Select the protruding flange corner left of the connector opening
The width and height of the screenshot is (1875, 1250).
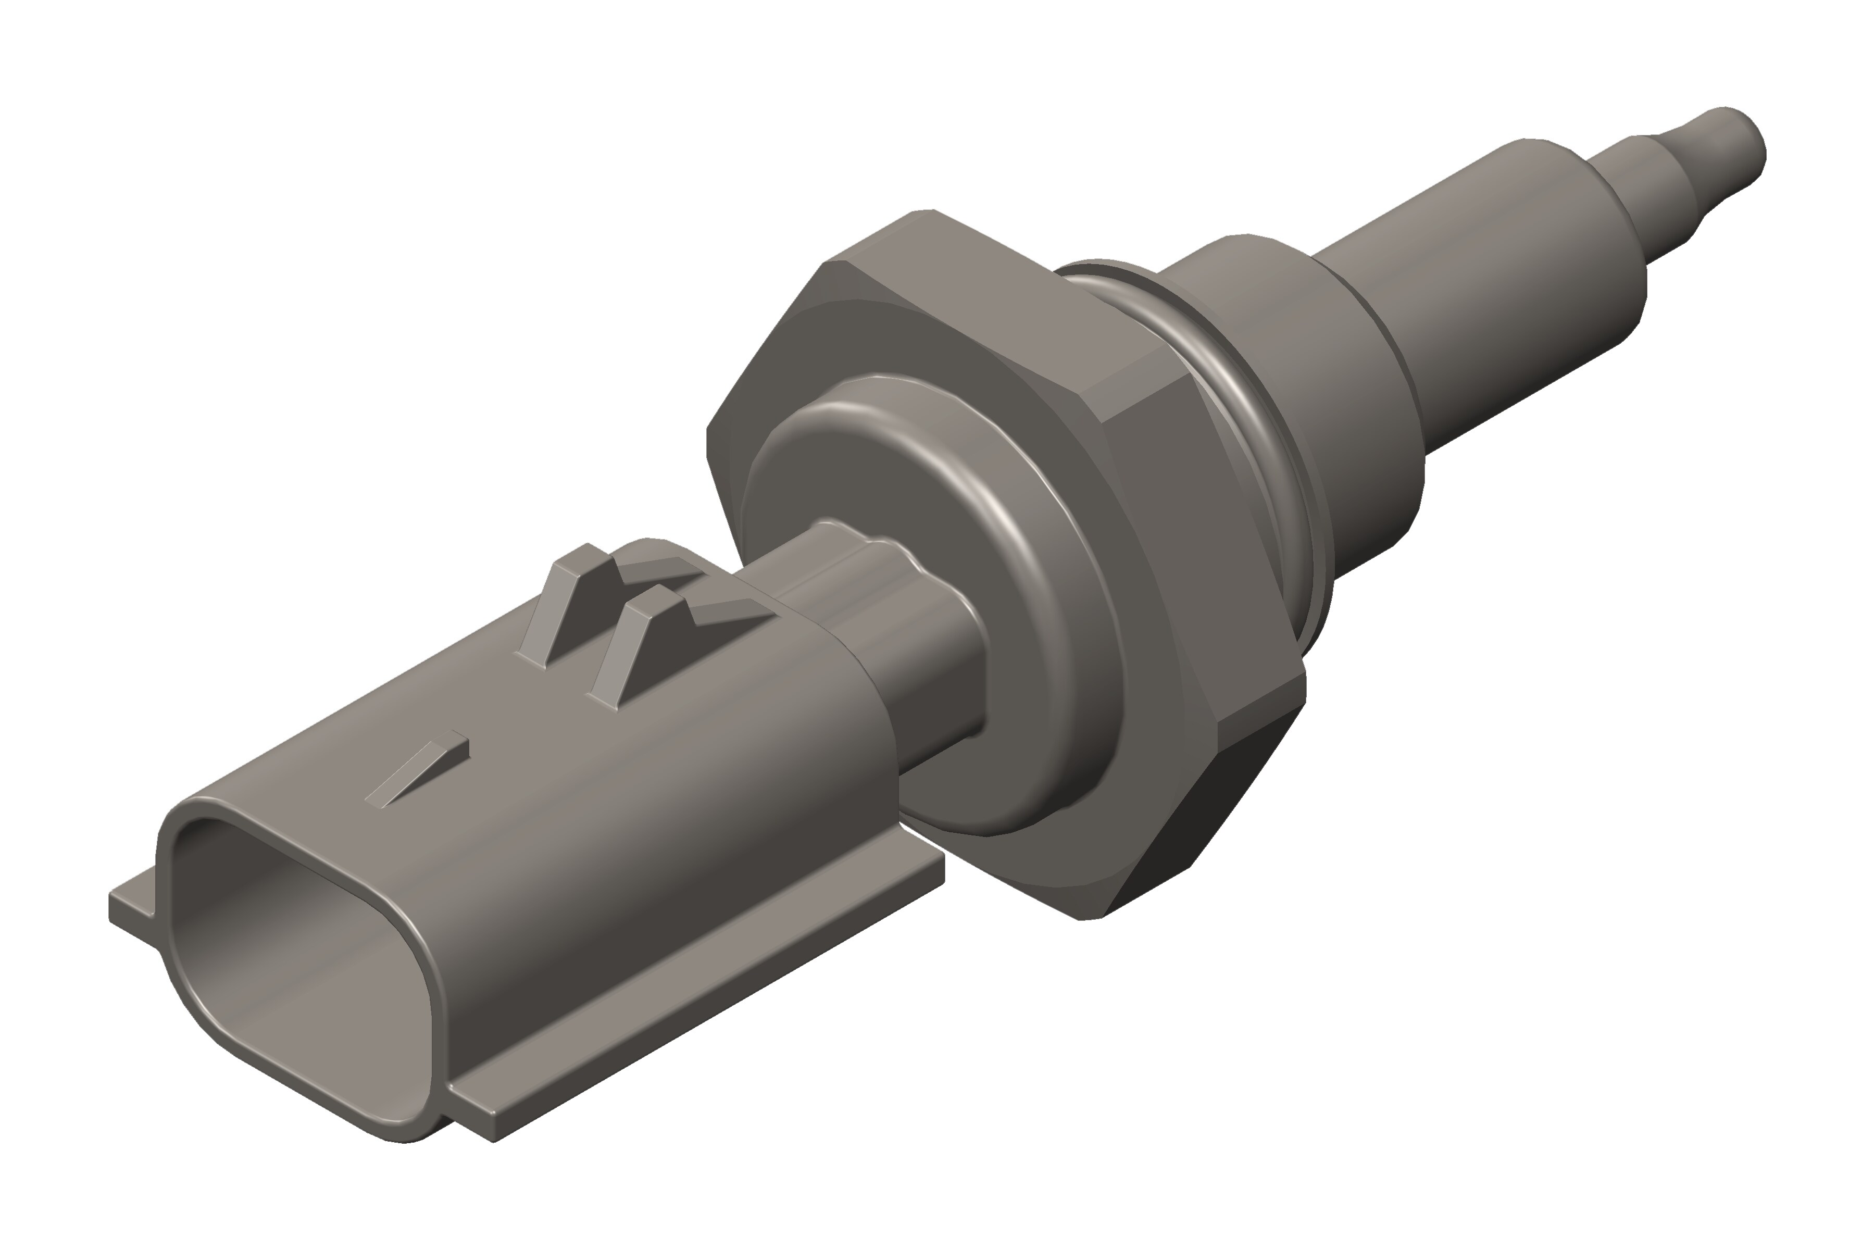point(132,909)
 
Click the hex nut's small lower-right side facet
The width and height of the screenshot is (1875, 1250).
point(1259,718)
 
